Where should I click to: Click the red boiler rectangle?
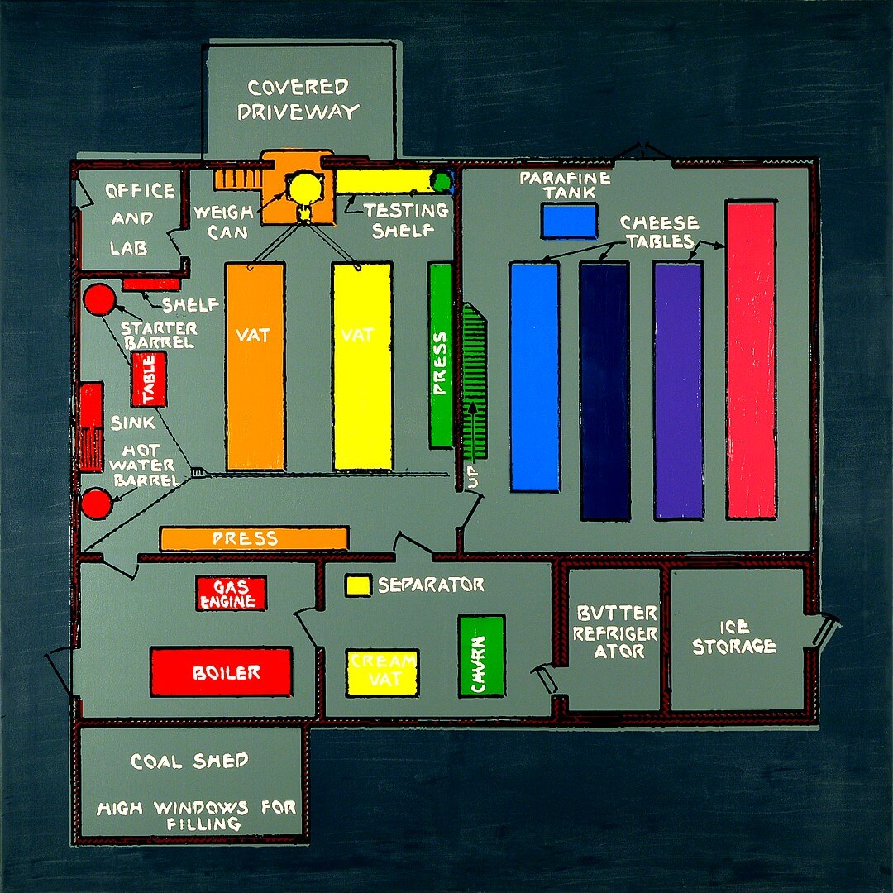point(221,672)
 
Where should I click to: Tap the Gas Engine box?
point(231,593)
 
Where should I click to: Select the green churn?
point(481,656)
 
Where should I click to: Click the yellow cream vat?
point(382,671)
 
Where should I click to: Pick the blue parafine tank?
point(569,221)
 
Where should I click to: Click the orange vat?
point(255,366)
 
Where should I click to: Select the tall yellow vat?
point(362,366)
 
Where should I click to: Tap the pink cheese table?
point(751,360)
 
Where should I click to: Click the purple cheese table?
point(678,390)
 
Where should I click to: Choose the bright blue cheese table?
point(534,377)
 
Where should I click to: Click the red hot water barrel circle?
point(96,503)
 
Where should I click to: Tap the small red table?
point(149,379)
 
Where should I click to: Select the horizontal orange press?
point(254,539)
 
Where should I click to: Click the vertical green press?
point(441,356)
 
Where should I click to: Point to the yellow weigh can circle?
point(302,189)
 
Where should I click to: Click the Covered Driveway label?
point(298,99)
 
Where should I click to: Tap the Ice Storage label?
point(734,638)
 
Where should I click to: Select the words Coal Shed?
point(189,762)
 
